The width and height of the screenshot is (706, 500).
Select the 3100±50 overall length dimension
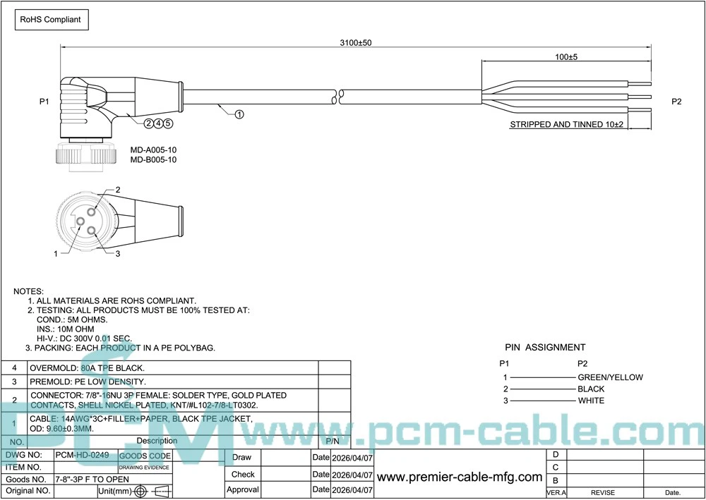(356, 43)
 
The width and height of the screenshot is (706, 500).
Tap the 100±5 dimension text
(566, 57)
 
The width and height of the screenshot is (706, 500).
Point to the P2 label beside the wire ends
(676, 102)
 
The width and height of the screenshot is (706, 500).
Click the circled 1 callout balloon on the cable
(239, 114)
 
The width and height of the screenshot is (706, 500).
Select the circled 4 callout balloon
(158, 123)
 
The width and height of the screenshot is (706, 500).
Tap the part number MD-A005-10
(153, 150)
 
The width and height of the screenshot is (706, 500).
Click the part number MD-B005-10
(153, 160)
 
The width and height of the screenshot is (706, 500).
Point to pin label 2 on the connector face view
(118, 190)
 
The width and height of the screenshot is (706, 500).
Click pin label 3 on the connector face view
(117, 254)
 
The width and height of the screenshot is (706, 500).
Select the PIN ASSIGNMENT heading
(544, 347)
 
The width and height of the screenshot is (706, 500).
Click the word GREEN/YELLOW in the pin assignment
(610, 377)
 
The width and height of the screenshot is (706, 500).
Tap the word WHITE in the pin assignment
(591, 401)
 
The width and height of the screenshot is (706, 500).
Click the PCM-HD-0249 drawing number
(82, 456)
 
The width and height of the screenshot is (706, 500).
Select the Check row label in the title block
(243, 474)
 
